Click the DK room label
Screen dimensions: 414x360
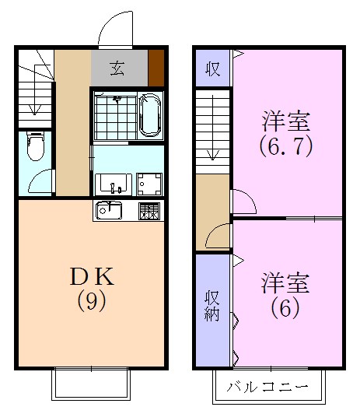click(92, 277)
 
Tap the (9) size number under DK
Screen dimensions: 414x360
click(92, 300)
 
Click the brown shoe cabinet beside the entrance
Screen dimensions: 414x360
click(157, 67)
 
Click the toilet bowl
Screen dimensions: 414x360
click(34, 146)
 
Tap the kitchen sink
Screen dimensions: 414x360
click(109, 210)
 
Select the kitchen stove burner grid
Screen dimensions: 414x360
click(149, 210)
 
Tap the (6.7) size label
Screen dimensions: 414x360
click(287, 146)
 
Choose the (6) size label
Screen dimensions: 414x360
click(285, 308)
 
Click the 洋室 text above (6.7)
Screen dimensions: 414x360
click(286, 122)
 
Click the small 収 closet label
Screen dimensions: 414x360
click(211, 68)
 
